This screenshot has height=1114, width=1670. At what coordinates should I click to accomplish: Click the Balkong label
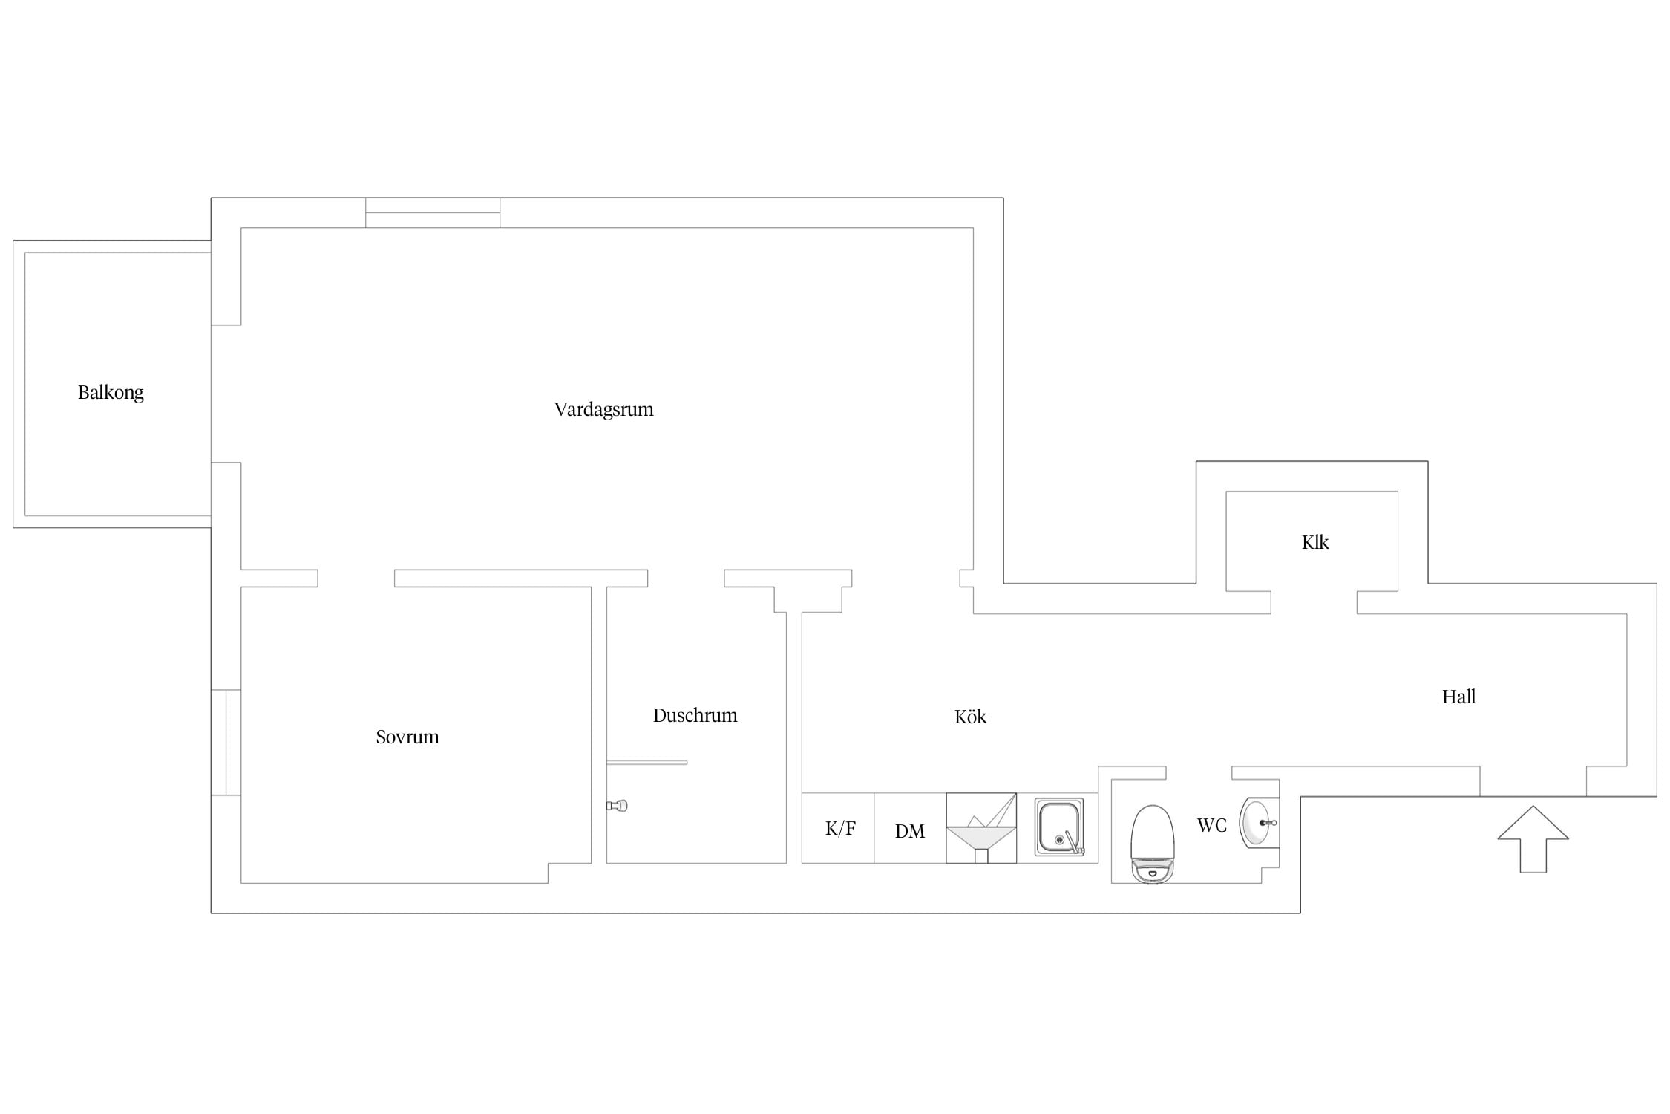tap(111, 392)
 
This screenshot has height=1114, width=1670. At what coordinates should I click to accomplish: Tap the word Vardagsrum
tap(603, 409)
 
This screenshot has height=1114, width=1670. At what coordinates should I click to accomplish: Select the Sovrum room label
tap(407, 737)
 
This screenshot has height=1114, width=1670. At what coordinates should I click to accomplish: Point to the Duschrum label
tap(695, 715)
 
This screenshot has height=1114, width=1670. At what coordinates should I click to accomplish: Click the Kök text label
tap(970, 717)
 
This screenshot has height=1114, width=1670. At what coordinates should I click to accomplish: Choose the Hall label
tap(1458, 697)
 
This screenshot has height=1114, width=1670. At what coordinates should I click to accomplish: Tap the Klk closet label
tap(1314, 542)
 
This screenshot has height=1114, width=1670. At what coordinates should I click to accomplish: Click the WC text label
tap(1212, 825)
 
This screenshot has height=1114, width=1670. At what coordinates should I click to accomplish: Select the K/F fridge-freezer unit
tap(838, 828)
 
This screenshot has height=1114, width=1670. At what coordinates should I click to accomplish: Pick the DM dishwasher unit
tap(910, 828)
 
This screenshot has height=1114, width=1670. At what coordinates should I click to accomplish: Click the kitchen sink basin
tap(1059, 827)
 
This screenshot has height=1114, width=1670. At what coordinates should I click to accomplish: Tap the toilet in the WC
tap(1152, 844)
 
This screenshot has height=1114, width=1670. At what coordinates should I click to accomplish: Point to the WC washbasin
tap(1260, 823)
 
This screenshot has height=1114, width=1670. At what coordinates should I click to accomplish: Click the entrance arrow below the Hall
tap(1533, 839)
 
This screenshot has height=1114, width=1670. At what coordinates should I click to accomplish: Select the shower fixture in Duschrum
tap(618, 805)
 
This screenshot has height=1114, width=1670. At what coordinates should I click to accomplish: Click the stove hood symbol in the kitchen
tap(981, 828)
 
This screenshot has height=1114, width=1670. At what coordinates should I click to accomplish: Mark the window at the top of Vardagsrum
tap(433, 212)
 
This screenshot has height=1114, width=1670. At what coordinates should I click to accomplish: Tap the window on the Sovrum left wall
tap(226, 743)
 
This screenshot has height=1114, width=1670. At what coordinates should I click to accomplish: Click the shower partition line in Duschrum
tap(646, 762)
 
